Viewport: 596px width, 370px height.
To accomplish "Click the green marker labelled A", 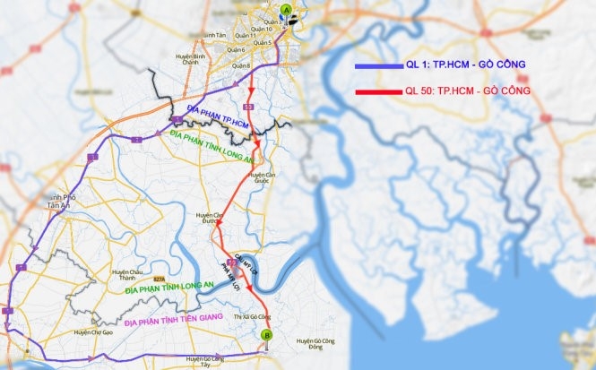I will pyautogui.click(x=286, y=11).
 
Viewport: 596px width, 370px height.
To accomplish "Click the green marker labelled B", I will pyautogui.click(x=265, y=336).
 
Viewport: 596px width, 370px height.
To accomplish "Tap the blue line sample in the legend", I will pyautogui.click(x=377, y=66).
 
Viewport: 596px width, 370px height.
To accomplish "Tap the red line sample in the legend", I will pyautogui.click(x=377, y=91).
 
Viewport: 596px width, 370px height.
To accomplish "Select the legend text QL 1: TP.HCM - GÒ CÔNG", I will pyautogui.click(x=465, y=66).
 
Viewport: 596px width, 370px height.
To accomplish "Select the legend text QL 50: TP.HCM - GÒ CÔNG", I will pyautogui.click(x=468, y=91).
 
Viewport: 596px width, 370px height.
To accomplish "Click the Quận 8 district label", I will pyautogui.click(x=238, y=66).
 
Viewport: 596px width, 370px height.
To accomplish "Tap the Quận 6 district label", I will pyautogui.click(x=238, y=50).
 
